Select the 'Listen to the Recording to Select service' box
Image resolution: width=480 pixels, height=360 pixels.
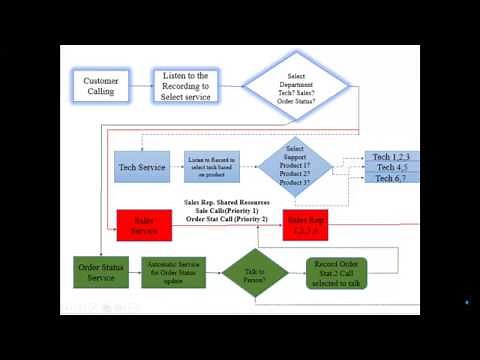coord(184,87)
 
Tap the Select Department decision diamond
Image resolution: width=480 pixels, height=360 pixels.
coord(298,86)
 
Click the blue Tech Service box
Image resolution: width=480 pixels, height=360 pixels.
coord(141,166)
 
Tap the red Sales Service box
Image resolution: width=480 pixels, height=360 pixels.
coord(145,225)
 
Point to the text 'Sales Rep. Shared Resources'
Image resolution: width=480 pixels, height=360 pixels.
coord(227,202)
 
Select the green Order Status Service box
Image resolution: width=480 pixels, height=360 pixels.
coord(101,272)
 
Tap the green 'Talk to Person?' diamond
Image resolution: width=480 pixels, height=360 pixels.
coord(255,272)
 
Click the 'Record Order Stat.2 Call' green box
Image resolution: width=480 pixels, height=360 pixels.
coord(337,272)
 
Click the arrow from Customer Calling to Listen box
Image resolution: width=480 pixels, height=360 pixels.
coord(140,87)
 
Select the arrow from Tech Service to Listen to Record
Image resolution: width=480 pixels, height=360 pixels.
coord(176,166)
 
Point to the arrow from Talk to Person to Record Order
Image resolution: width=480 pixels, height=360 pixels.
coord(297,272)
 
